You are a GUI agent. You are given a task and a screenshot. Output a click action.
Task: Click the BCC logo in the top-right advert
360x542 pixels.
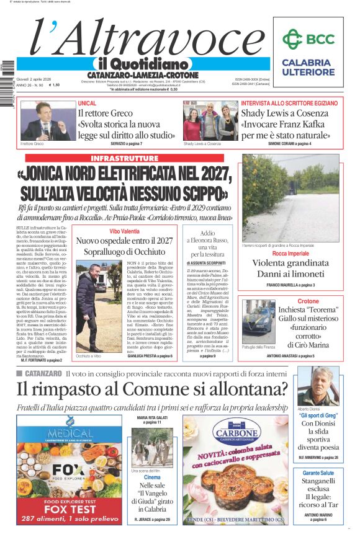[x=308, y=39]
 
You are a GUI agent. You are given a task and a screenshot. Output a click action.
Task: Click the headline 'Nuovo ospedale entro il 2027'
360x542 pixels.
[x=124, y=240]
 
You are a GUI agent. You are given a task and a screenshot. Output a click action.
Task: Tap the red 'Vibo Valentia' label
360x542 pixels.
[x=124, y=231]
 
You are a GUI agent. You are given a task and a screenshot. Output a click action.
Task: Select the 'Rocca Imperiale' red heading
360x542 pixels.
[x=290, y=254]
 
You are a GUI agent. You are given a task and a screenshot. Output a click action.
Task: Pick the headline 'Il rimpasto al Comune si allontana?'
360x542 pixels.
[x=153, y=389]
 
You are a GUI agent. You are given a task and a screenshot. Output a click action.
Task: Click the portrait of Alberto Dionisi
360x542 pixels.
[x=318, y=386]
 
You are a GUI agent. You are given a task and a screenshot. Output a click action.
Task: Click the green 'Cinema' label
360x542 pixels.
[x=152, y=478]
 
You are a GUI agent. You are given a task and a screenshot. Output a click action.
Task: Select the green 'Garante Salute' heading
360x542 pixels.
[x=318, y=473]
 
